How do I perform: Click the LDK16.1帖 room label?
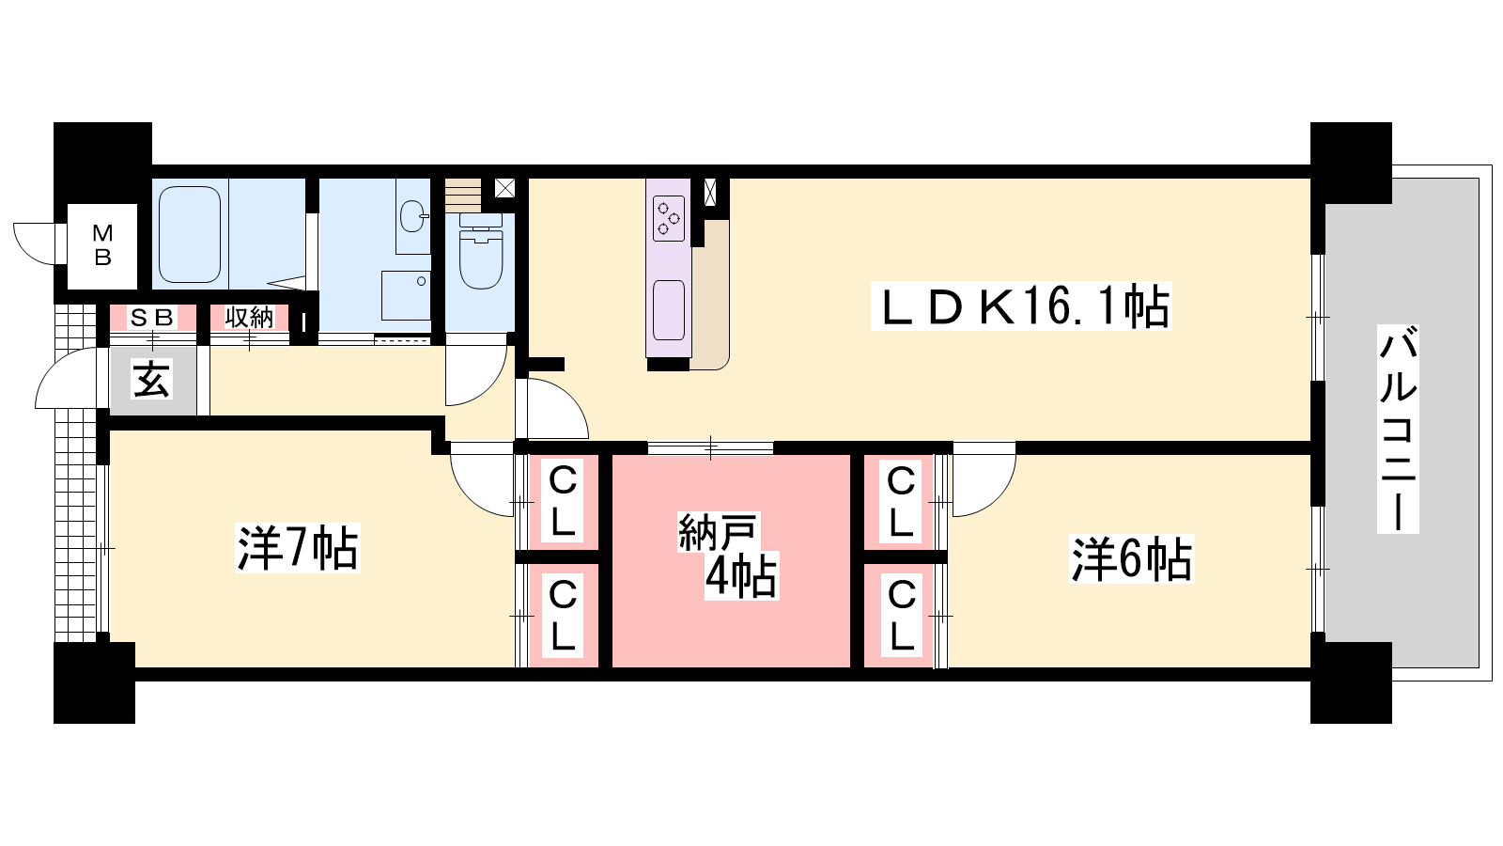pyautogui.click(x=1021, y=306)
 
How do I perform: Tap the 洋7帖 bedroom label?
pyautogui.click(x=297, y=547)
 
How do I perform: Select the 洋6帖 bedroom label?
pyautogui.click(x=1131, y=558)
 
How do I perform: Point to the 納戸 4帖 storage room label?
pyautogui.click(x=728, y=556)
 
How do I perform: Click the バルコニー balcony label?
pyautogui.click(x=1399, y=429)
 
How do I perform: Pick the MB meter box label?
pyautogui.click(x=102, y=245)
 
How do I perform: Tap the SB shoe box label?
pyautogui.click(x=152, y=317)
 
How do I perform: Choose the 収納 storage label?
pyautogui.click(x=249, y=317)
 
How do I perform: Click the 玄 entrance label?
pyautogui.click(x=152, y=380)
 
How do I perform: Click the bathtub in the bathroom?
pyautogui.click(x=190, y=234)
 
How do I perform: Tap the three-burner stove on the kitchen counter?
pyautogui.click(x=669, y=218)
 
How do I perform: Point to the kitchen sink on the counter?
pyautogui.click(x=668, y=310)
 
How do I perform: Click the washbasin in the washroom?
pyautogui.click(x=412, y=215)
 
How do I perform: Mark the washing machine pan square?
pyautogui.click(x=406, y=295)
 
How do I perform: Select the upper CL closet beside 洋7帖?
pyautogui.click(x=563, y=502)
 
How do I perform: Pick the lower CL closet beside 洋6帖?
pyautogui.click(x=901, y=617)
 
